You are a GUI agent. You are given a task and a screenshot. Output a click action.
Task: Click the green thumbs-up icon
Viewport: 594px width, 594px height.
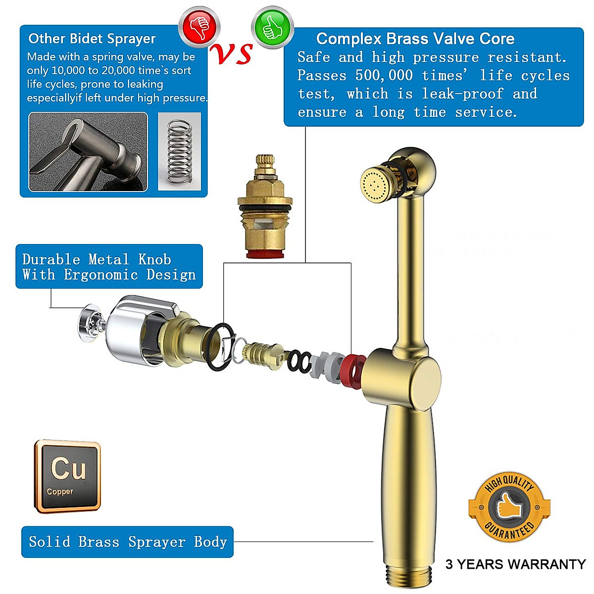coord(272,27)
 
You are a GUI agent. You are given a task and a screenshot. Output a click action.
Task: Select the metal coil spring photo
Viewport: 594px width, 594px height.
coord(180,151)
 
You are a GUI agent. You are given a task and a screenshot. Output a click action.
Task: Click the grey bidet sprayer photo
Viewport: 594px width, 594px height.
coord(88,151)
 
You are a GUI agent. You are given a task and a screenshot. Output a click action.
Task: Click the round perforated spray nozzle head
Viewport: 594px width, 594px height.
coord(374,185)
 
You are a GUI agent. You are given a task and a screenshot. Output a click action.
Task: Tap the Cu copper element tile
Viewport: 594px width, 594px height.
coord(68,476)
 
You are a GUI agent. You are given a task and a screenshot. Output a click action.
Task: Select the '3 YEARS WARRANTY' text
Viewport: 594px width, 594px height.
coord(515,564)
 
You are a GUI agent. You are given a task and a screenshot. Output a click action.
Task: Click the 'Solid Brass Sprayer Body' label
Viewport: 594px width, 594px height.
coord(127,542)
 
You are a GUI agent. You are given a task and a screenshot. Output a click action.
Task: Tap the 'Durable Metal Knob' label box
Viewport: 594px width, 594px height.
coord(109,266)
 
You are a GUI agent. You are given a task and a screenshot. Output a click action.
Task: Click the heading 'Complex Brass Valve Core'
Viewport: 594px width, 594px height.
coord(415,39)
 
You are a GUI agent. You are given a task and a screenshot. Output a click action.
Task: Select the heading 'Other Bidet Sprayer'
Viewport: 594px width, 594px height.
coord(92,39)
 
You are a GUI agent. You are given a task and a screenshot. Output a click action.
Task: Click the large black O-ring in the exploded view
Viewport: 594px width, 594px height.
coord(218,346)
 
